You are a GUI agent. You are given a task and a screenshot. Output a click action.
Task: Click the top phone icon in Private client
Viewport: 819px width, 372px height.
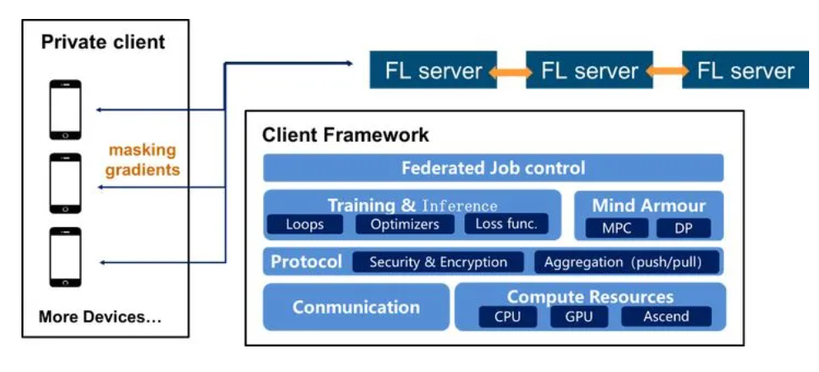tap(65, 110)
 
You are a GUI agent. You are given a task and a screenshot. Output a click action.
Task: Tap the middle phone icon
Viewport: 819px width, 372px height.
tap(65, 183)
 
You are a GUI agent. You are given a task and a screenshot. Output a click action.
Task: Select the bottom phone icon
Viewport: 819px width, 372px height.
tap(65, 257)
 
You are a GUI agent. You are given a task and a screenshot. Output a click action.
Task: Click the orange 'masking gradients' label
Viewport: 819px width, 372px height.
tap(144, 160)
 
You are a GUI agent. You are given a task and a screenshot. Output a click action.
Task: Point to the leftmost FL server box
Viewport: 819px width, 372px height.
tap(433, 71)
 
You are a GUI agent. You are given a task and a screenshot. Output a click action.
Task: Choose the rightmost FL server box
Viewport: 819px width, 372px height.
tap(746, 71)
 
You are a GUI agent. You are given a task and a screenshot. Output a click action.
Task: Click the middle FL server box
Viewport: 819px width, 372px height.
tap(589, 71)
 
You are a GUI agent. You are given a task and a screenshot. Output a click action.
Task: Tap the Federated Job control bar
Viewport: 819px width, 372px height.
tap(493, 168)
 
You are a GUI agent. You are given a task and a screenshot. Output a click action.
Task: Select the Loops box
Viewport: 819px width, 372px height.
tap(304, 224)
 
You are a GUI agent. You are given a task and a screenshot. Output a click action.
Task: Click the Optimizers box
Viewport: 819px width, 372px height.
tap(404, 224)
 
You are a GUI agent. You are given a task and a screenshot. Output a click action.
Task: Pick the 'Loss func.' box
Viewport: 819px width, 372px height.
tap(506, 224)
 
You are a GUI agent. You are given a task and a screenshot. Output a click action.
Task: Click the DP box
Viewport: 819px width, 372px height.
tap(684, 228)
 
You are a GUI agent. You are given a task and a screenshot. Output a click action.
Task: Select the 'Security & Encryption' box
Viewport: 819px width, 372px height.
tap(438, 262)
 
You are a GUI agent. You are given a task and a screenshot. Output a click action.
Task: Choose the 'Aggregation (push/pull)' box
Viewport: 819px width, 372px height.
tap(627, 262)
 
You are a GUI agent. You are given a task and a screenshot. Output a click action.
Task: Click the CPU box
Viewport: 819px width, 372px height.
tap(507, 316)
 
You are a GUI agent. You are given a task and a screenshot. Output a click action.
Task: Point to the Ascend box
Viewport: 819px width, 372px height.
tap(666, 316)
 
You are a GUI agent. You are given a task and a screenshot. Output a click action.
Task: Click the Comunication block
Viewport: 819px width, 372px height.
tap(356, 307)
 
